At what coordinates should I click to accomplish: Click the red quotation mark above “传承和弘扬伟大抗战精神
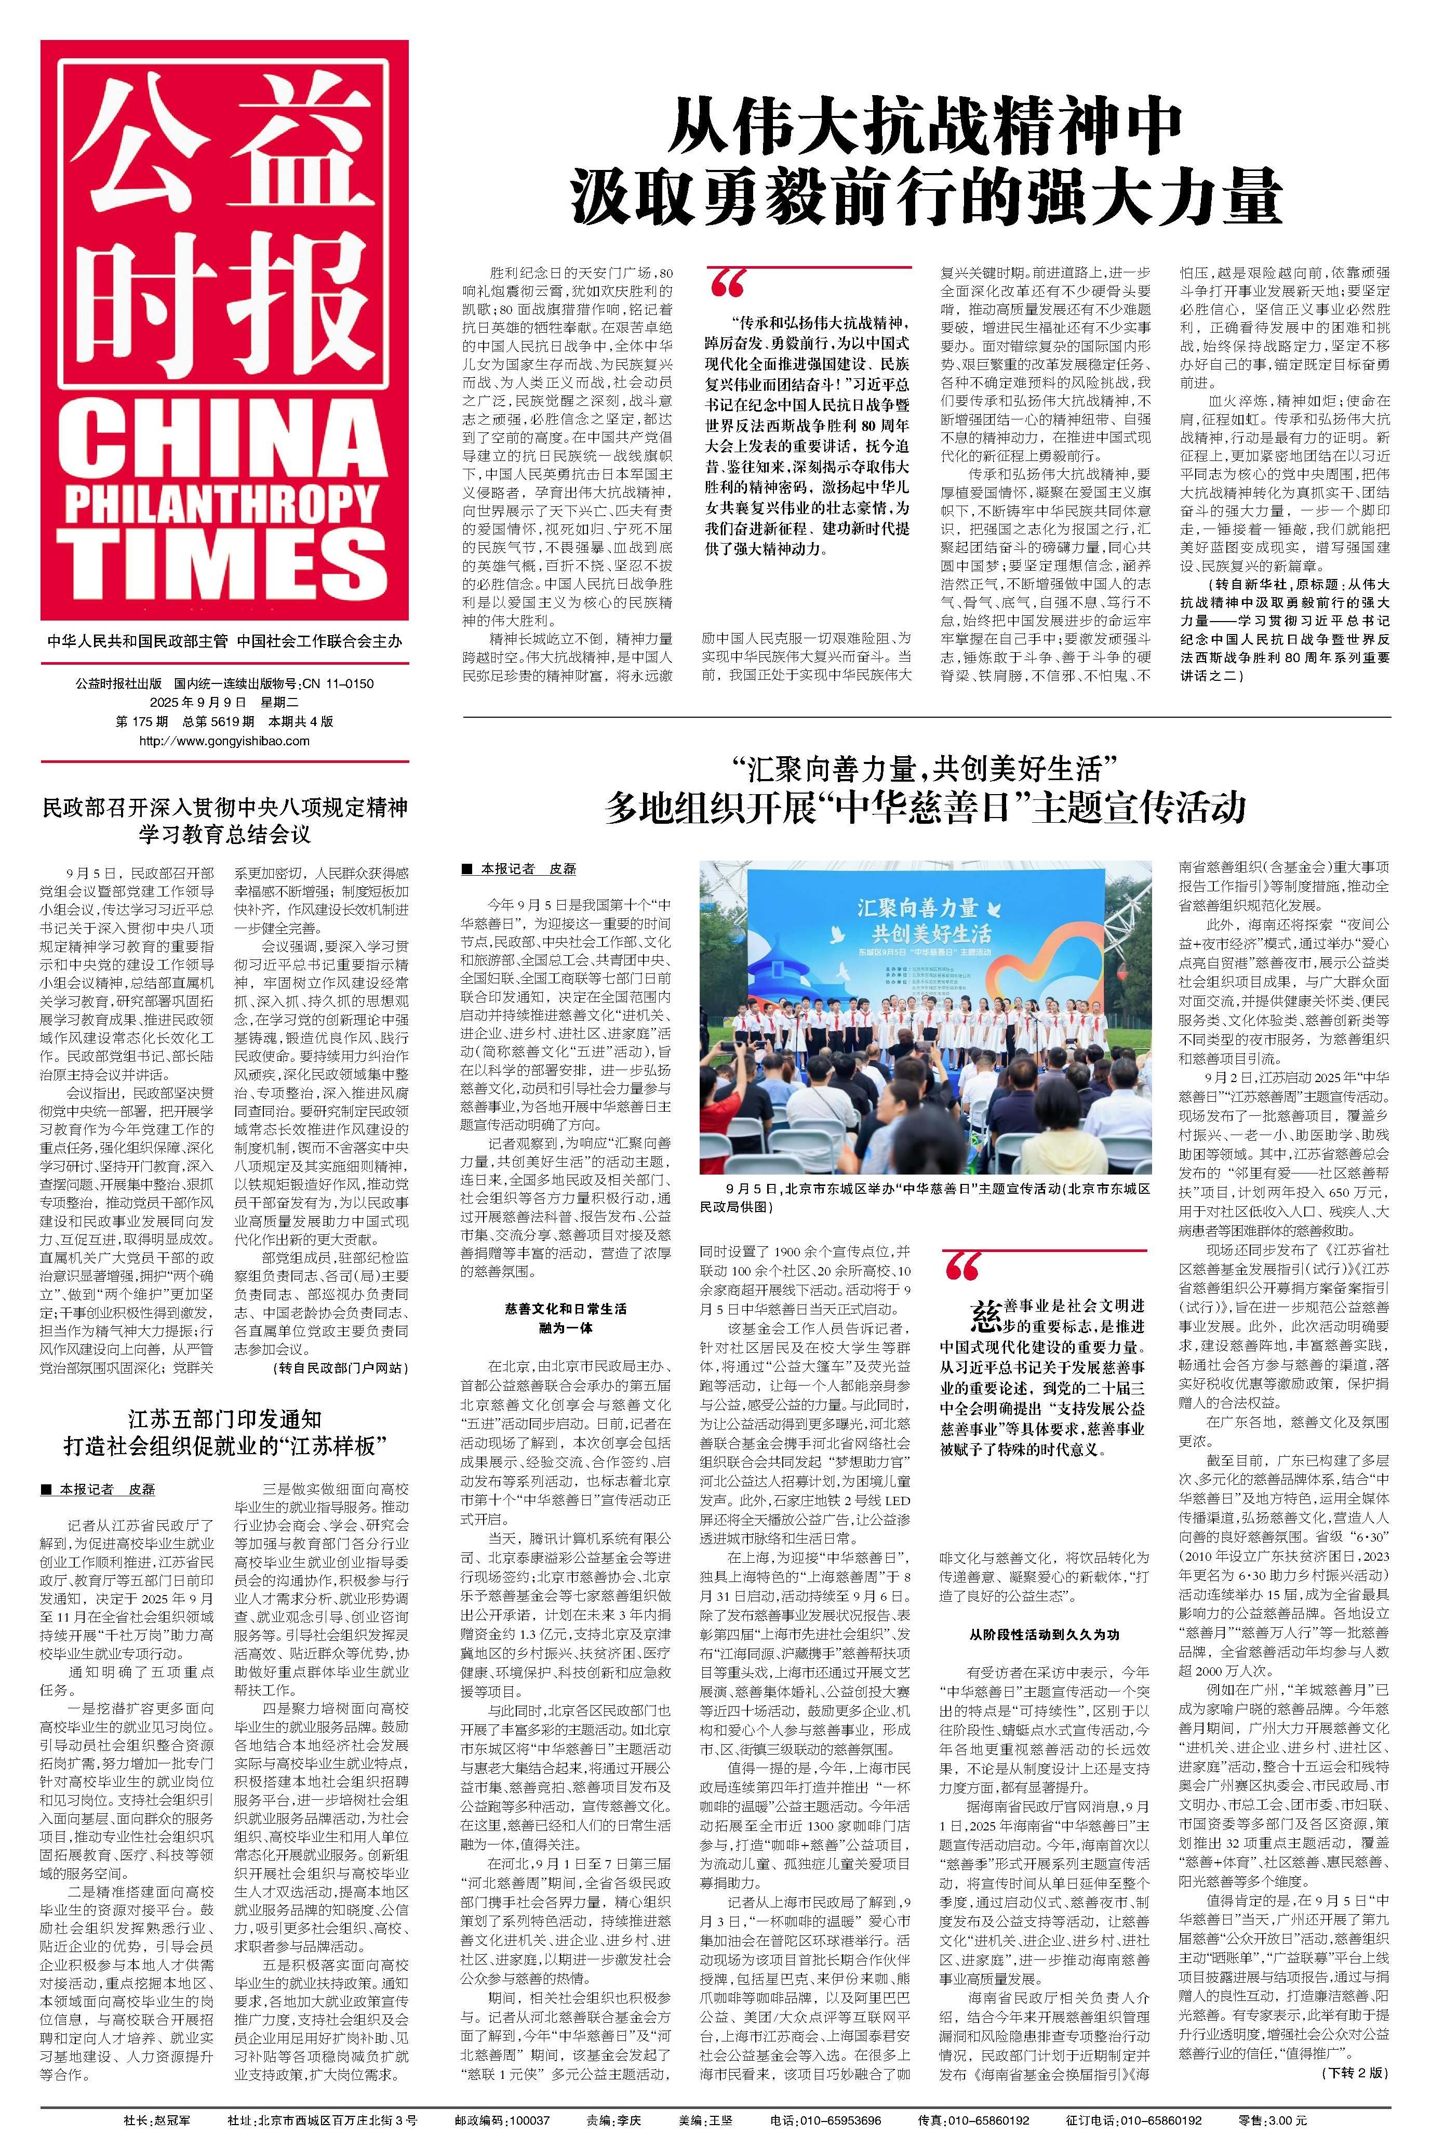coord(727,285)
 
